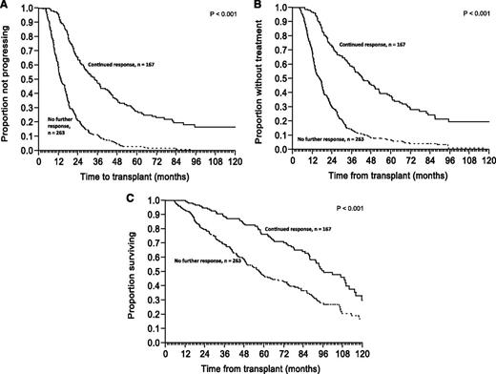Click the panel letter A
[x=5, y=7]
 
